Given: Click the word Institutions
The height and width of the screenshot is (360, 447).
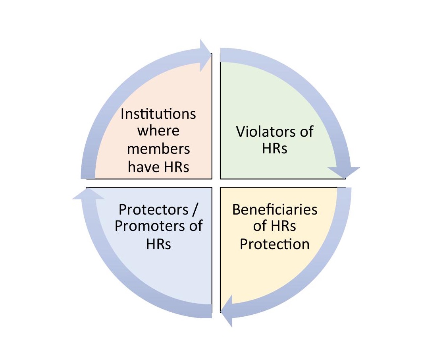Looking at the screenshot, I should click(158, 114).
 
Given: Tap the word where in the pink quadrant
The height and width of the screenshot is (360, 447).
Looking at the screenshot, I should click(158, 131).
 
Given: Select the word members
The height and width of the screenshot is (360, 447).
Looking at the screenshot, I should click(158, 149).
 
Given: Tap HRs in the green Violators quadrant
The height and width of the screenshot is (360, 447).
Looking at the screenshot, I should click(275, 149).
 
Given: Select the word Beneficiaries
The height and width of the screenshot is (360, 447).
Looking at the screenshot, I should click(275, 209).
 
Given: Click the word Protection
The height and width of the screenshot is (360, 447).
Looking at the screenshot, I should click(275, 244).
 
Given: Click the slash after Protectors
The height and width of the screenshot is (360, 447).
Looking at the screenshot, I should click(199, 209).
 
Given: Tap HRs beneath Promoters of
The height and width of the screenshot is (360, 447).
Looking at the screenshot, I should click(158, 244).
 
